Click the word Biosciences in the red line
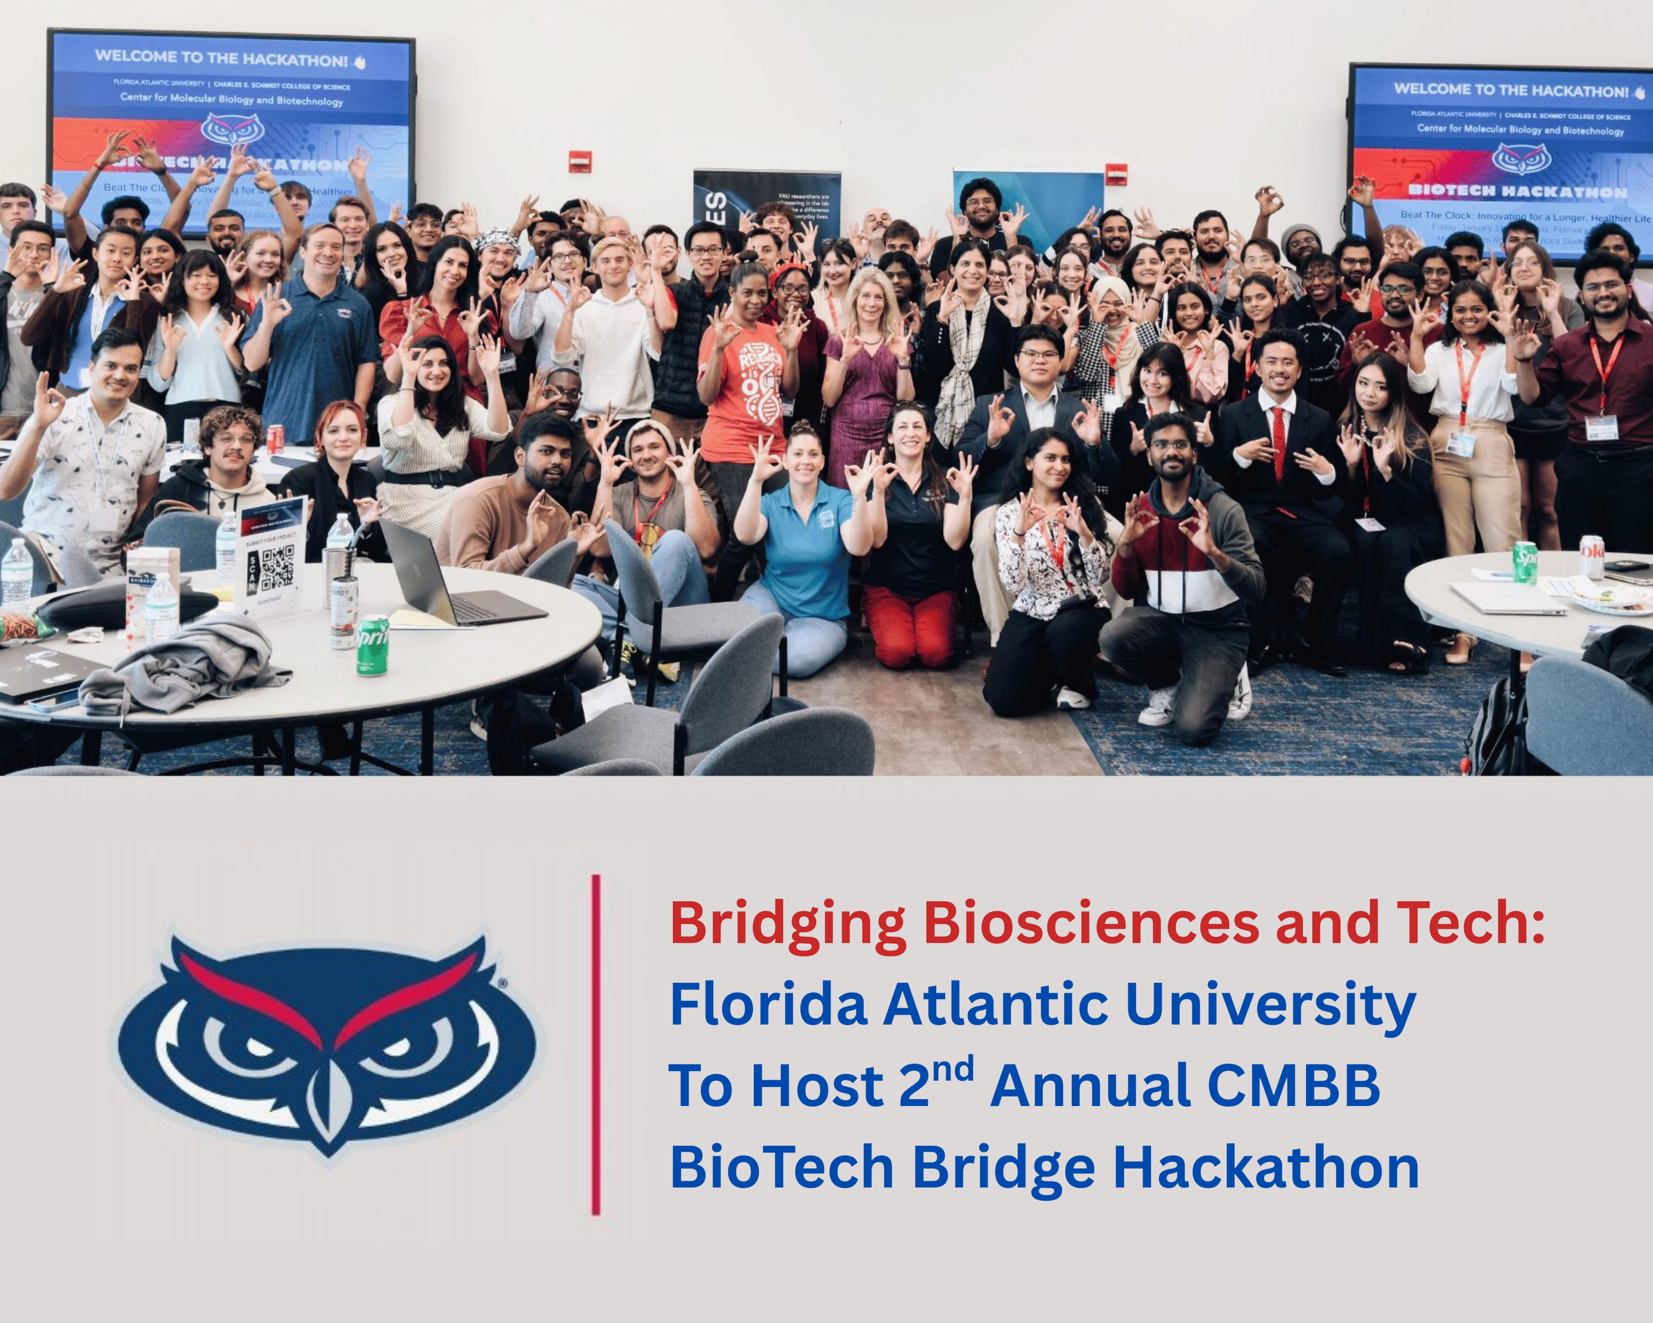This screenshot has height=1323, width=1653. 1091,923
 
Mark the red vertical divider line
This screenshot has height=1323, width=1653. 596,1044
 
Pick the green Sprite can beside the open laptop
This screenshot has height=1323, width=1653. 373,645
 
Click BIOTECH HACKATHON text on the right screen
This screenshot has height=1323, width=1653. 1517,191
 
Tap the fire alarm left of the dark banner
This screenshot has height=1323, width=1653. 580,162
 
